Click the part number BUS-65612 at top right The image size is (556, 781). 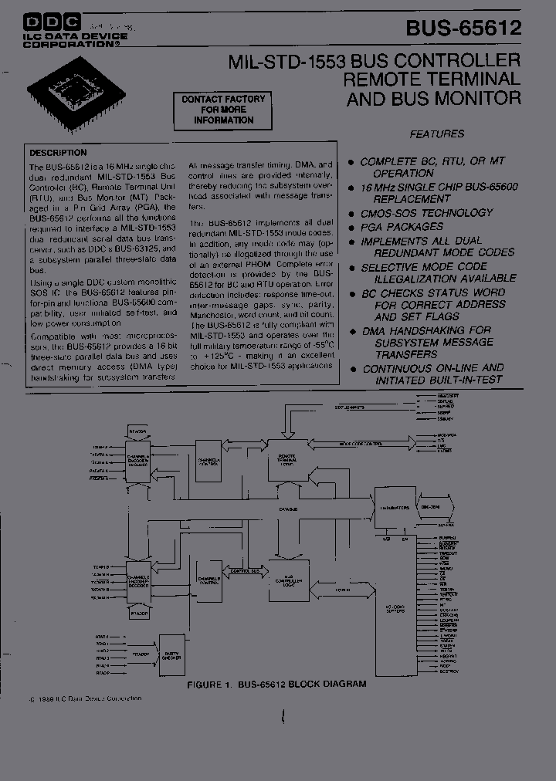tap(463, 29)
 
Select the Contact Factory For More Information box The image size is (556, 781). tap(223, 110)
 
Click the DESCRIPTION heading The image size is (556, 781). tap(58, 152)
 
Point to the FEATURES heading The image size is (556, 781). tap(436, 134)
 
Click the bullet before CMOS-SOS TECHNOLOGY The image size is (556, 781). tap(351, 214)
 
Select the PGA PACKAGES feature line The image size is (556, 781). tap(402, 227)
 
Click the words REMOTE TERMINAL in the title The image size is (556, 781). tap(432, 79)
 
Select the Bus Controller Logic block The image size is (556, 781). tap(289, 580)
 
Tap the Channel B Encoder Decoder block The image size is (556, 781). tap(139, 581)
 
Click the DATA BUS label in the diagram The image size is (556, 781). tap(290, 509)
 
